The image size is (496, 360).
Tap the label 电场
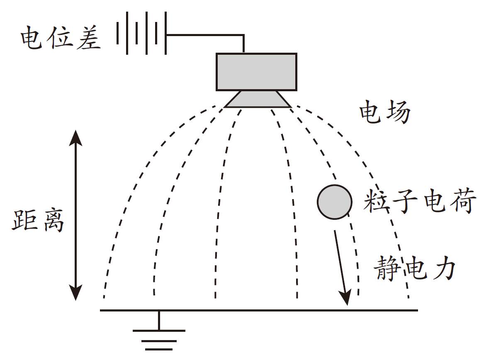click(x=385, y=111)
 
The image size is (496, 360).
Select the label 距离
click(x=38, y=220)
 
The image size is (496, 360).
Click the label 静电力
click(x=415, y=268)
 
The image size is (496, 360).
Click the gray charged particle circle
click(x=335, y=202)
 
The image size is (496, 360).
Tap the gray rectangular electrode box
click(x=256, y=72)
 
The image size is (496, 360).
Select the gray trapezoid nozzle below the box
click(x=258, y=100)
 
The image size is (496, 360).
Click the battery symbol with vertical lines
click(x=142, y=33)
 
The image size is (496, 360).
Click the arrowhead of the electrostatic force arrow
click(x=346, y=297)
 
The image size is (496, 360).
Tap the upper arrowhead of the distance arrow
click(x=75, y=138)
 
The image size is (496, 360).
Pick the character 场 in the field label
click(x=398, y=111)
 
